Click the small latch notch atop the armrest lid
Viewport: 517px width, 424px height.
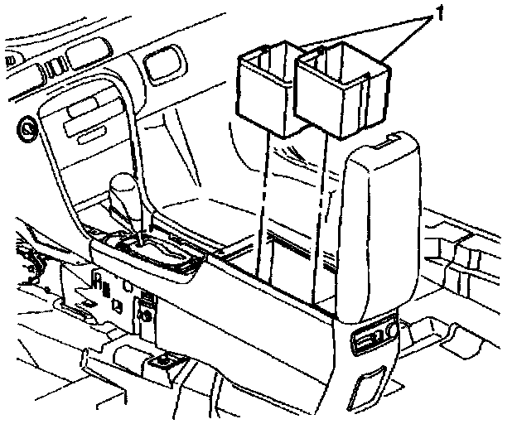click(x=382, y=144)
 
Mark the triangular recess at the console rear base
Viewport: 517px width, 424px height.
click(x=369, y=384)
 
